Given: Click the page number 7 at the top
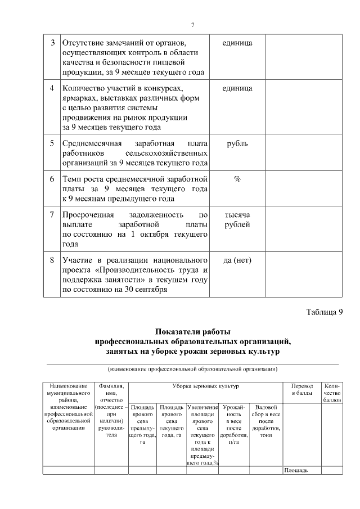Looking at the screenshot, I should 192,25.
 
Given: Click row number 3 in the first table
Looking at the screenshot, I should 52,43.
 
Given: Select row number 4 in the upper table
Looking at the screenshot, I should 52,88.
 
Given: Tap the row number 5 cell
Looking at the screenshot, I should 52,143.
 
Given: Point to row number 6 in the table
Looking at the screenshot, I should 52,179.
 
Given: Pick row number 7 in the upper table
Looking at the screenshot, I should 52,215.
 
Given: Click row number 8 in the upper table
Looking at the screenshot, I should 52,260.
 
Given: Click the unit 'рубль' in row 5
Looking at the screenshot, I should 237,143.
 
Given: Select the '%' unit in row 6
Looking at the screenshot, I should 237,179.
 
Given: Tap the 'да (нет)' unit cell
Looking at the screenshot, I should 237,260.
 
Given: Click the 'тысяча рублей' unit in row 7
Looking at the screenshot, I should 237,220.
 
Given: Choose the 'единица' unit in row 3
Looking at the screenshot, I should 237,43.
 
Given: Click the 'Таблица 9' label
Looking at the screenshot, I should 324,313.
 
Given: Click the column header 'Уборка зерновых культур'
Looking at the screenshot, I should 205,387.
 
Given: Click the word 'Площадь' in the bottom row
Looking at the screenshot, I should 295,470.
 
